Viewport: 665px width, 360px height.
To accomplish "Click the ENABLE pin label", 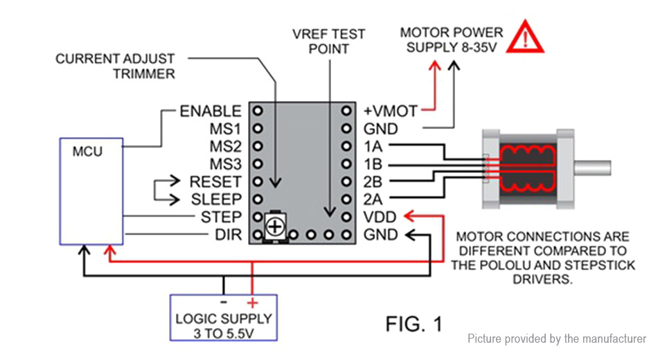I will [x=211, y=111].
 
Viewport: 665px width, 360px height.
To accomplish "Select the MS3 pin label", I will [x=225, y=164].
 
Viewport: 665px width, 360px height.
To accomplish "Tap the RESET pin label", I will [x=215, y=182].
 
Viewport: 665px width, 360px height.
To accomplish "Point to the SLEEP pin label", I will [x=215, y=199].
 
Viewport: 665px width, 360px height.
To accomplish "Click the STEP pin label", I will [x=221, y=217].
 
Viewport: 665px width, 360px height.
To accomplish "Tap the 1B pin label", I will [x=372, y=164].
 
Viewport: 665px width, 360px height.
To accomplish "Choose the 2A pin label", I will [x=373, y=199].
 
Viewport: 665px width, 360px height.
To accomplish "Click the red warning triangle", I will [x=527, y=38].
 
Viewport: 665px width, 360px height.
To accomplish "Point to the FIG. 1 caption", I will [x=413, y=323].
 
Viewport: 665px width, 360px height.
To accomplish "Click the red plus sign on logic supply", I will [x=252, y=303].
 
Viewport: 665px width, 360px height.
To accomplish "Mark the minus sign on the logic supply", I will [x=224, y=303].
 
